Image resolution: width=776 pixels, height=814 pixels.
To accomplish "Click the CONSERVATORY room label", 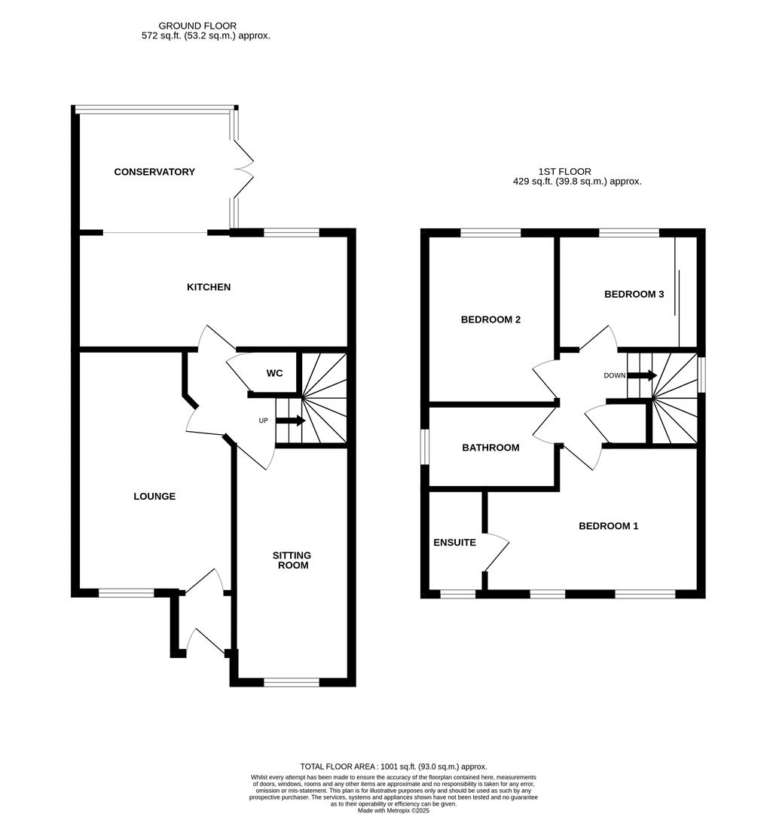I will tap(154, 172).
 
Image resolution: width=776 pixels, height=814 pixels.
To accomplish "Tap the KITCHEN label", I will tap(209, 287).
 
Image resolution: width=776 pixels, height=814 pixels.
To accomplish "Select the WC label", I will tap(274, 374).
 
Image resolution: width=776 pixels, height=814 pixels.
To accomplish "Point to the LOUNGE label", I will tap(154, 497).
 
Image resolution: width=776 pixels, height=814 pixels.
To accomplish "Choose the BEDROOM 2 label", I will tap(490, 320).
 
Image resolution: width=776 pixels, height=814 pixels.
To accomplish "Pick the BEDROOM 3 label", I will tap(634, 294).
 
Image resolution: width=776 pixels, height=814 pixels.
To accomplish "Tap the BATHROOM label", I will tap(490, 448).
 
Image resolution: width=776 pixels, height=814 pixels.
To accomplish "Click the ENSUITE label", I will tap(454, 543).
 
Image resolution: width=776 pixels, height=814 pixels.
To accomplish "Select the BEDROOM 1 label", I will tap(608, 526).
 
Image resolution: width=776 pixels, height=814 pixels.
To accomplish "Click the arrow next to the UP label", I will tap(290, 421).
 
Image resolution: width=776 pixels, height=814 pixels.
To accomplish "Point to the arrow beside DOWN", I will tap(642, 375).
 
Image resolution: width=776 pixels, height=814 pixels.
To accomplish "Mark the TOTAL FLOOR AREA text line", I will tap(393, 765).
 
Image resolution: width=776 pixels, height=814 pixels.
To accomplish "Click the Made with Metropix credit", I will tap(393, 810).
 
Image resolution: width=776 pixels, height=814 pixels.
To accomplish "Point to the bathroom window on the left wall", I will tap(424, 448).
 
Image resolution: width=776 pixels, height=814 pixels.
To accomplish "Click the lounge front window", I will tap(127, 593).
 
